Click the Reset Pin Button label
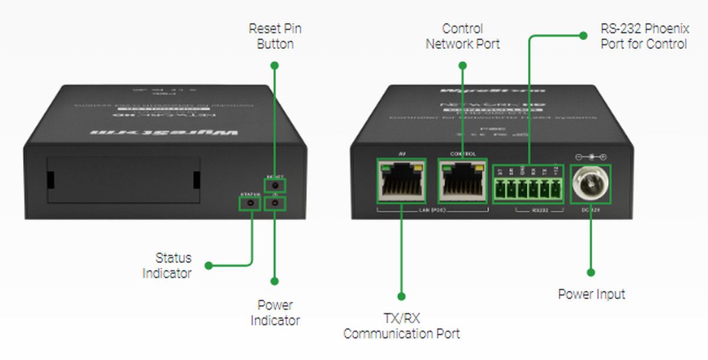pos(275,36)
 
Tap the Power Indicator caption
pos(275,313)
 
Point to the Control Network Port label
pos(463,36)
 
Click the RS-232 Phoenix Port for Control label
pos(644,36)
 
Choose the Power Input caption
pos(591,293)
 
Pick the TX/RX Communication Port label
pos(401,326)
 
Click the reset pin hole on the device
pos(275,185)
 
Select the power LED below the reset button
pos(275,204)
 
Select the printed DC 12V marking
pos(591,211)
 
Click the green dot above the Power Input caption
pos(591,272)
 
